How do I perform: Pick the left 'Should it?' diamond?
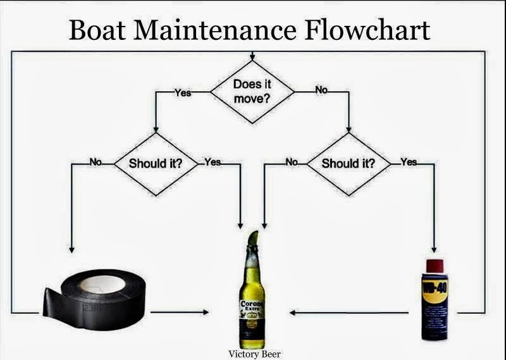coord(156,163)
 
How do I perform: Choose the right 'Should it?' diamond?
coord(349,163)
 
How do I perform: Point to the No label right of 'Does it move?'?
coord(321,90)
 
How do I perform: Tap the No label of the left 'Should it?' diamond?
coord(96,162)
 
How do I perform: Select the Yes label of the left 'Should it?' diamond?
coord(213,162)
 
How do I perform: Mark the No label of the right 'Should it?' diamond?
coord(292,162)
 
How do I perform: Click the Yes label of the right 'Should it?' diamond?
coord(409,162)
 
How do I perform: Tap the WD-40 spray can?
coord(435,297)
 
